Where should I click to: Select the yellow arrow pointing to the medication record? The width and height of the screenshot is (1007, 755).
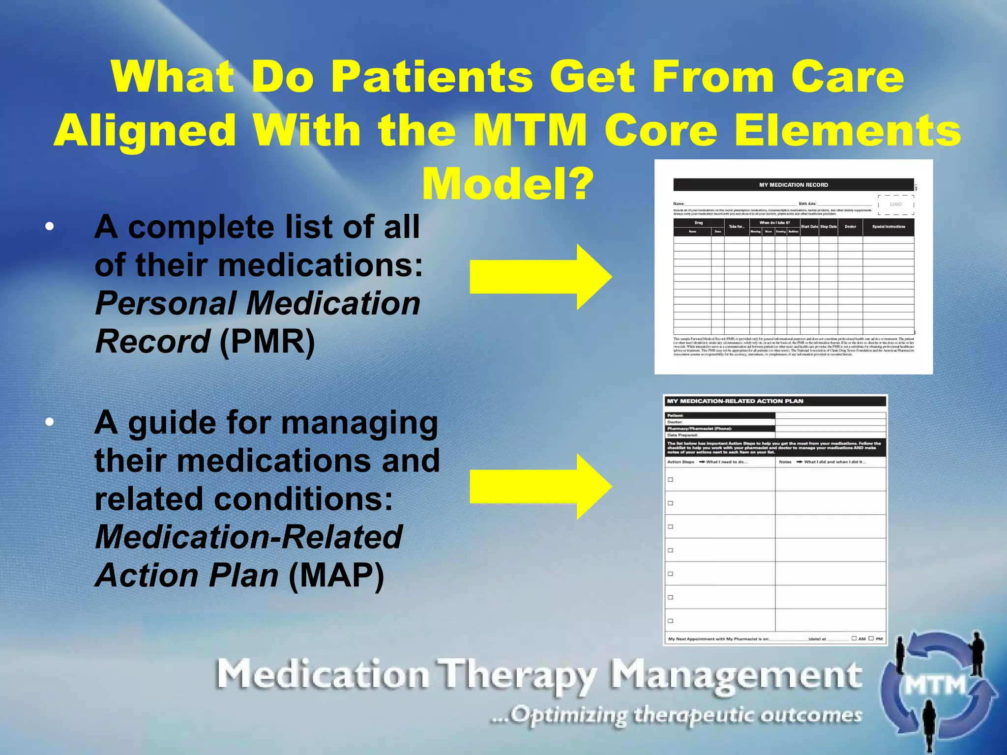[x=540, y=277]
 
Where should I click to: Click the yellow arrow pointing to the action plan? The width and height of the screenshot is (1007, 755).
[x=540, y=486]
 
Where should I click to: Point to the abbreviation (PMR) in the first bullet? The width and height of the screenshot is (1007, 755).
[x=267, y=341]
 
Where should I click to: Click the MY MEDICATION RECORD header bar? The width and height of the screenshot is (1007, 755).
[x=793, y=185]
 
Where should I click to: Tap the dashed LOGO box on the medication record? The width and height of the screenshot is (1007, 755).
[x=896, y=204]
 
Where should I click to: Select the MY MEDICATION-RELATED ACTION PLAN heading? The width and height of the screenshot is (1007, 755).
[x=735, y=401]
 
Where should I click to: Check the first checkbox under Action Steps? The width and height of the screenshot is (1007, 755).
[x=670, y=480]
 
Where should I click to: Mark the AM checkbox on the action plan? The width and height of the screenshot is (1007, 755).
[x=854, y=639]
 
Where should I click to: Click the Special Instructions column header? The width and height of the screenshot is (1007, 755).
[x=889, y=227]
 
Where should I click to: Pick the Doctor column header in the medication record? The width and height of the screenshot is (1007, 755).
[x=850, y=227]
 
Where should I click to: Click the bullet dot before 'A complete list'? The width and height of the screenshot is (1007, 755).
[x=49, y=227]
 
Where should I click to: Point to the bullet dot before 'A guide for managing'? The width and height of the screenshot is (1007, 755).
[x=49, y=422]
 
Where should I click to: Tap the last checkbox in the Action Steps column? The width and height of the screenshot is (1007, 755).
[x=670, y=621]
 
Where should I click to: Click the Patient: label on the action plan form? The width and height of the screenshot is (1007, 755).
[x=675, y=415]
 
